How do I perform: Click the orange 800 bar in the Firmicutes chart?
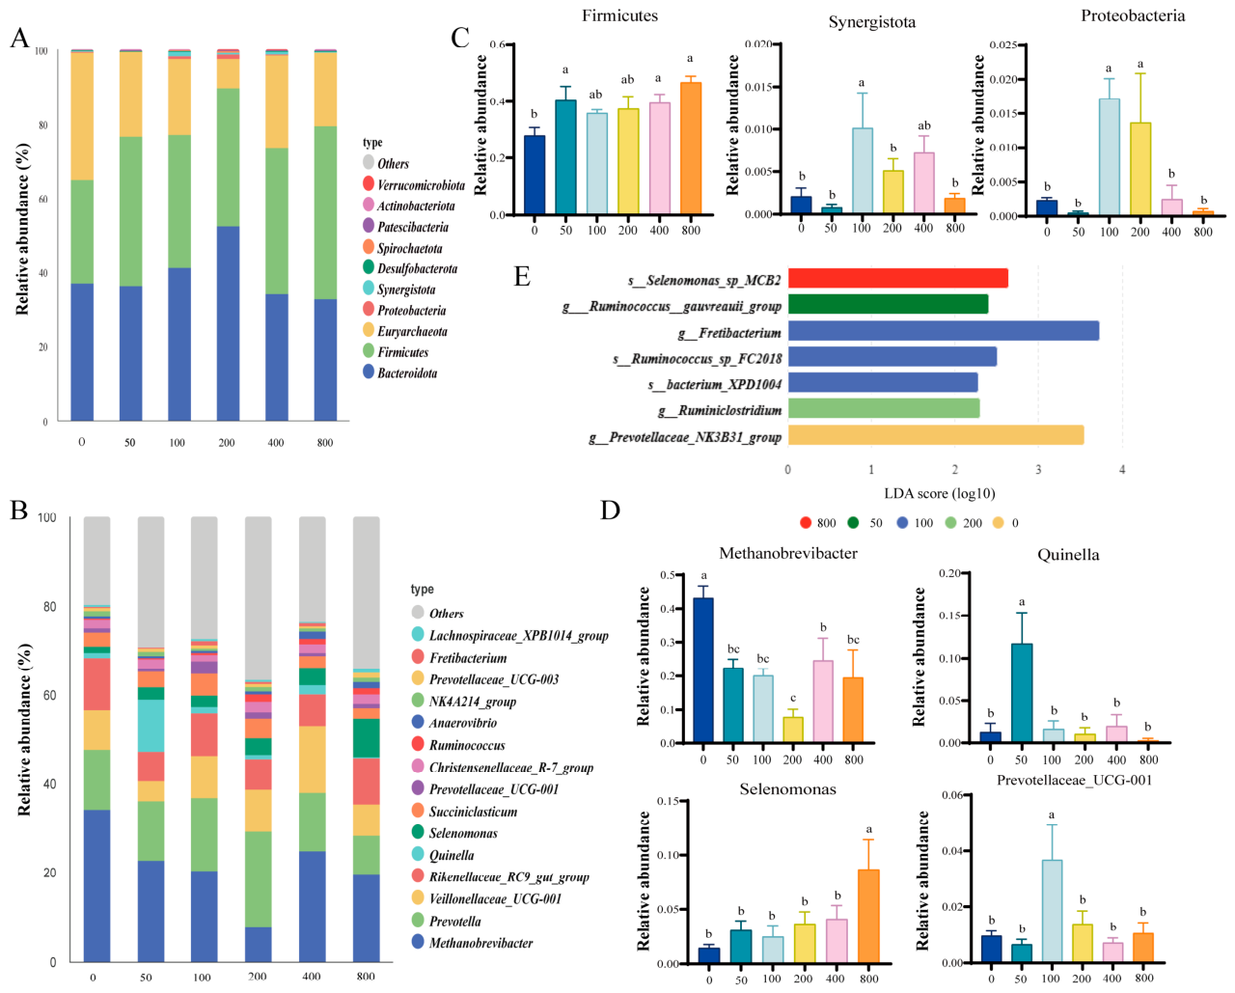click(x=691, y=149)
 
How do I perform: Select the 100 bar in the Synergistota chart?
click(x=862, y=171)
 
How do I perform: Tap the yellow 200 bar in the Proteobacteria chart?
click(x=1140, y=169)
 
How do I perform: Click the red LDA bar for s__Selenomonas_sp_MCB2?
click(x=897, y=278)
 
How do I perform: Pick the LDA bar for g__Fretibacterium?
click(x=944, y=331)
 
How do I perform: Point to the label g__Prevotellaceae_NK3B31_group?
click(x=685, y=438)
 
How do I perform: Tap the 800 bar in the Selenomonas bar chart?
click(x=869, y=916)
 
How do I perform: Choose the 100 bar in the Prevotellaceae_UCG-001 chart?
click(x=1052, y=911)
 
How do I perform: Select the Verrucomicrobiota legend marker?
click(x=369, y=184)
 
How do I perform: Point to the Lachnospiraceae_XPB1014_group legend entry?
click(x=510, y=635)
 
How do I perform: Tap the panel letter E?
click(x=522, y=277)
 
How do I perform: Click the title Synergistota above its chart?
click(x=871, y=22)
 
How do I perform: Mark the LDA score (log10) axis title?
click(x=940, y=494)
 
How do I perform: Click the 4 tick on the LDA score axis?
click(x=1122, y=470)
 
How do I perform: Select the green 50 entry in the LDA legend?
click(x=864, y=523)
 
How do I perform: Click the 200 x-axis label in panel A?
click(x=227, y=443)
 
